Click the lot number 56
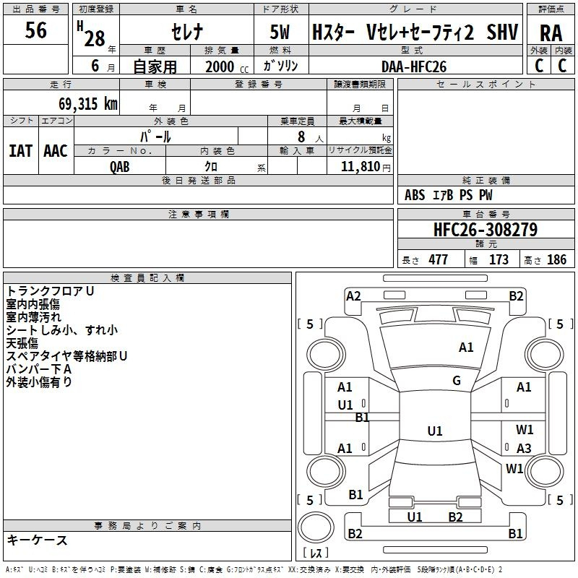coord(35,30)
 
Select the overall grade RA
coord(551,33)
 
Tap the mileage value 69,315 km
coord(87,103)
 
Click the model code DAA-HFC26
coord(413,66)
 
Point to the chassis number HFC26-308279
coord(486,229)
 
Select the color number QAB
coord(119,167)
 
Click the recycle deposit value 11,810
coord(360,166)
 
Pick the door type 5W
coord(280,32)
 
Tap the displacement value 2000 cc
coord(227,66)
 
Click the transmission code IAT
coord(20,151)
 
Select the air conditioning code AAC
coord(56,151)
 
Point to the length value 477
coord(438,259)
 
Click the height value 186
coord(556,259)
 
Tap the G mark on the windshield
coord(457,381)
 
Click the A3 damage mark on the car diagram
coord(524,448)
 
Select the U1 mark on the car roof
coord(435,431)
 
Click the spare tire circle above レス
coord(316,527)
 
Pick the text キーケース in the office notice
coord(38,540)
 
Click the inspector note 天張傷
coord(22,343)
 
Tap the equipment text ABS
coord(415,195)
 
